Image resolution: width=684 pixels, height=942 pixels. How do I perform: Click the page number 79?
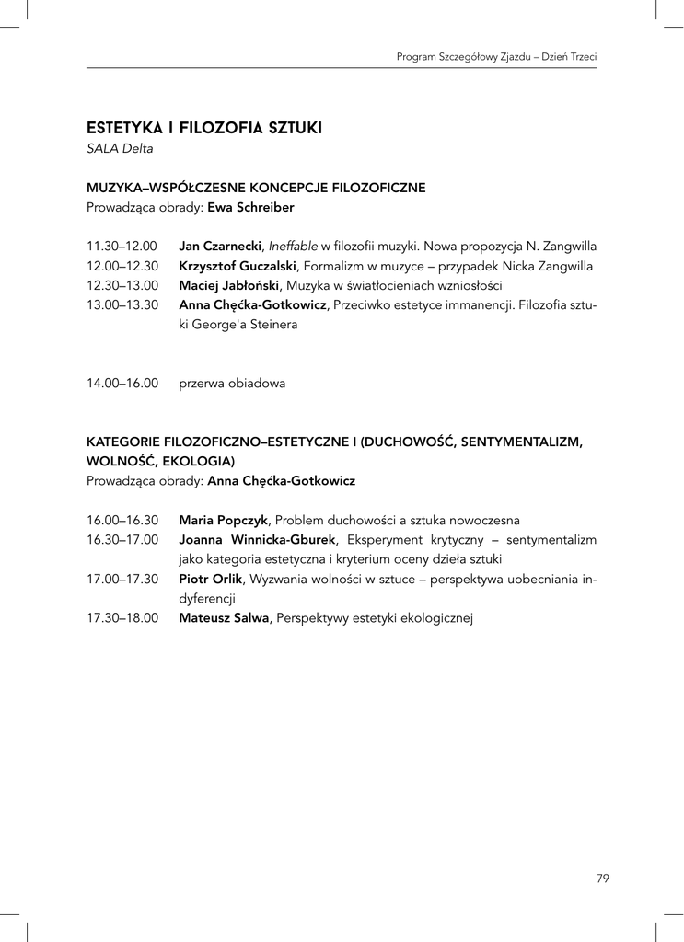(x=603, y=879)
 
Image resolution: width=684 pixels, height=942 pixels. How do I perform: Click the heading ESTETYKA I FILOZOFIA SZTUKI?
(x=203, y=128)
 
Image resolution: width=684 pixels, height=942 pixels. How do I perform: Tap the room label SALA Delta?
(x=120, y=148)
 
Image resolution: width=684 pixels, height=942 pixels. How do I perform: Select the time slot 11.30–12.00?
(x=122, y=247)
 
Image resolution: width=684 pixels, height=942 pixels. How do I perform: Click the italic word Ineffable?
(x=293, y=247)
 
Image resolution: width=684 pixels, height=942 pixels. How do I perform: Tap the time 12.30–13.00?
(x=122, y=286)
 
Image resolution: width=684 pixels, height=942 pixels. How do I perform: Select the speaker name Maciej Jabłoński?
(x=229, y=286)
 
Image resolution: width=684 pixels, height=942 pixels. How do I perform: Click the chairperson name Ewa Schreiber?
(x=250, y=208)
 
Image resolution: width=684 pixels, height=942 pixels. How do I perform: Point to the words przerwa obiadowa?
(x=232, y=384)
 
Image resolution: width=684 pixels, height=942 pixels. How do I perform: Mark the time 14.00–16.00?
(x=122, y=384)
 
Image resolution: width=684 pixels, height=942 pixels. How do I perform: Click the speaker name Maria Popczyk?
(x=224, y=519)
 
